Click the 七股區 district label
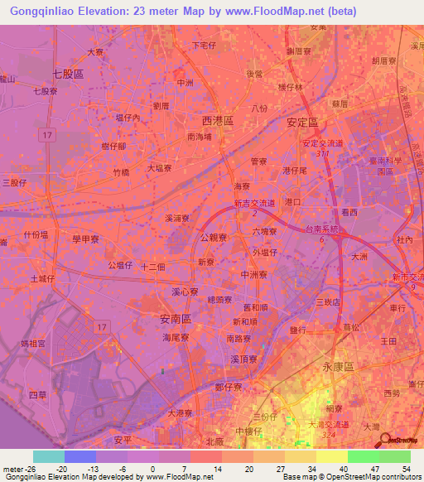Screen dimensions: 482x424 [x=68, y=74]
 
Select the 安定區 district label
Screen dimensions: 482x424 [x=302, y=121]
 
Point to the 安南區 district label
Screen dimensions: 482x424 [x=176, y=318]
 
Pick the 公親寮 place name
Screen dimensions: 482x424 [x=214, y=236]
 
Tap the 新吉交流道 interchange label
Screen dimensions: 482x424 [x=253, y=203]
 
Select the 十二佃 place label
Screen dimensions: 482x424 [x=154, y=267]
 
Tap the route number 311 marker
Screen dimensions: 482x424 [x=321, y=153]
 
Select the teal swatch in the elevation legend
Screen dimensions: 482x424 [x=48, y=456]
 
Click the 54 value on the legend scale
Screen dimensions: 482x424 [x=405, y=468]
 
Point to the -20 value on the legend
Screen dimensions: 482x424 [x=60, y=468]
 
